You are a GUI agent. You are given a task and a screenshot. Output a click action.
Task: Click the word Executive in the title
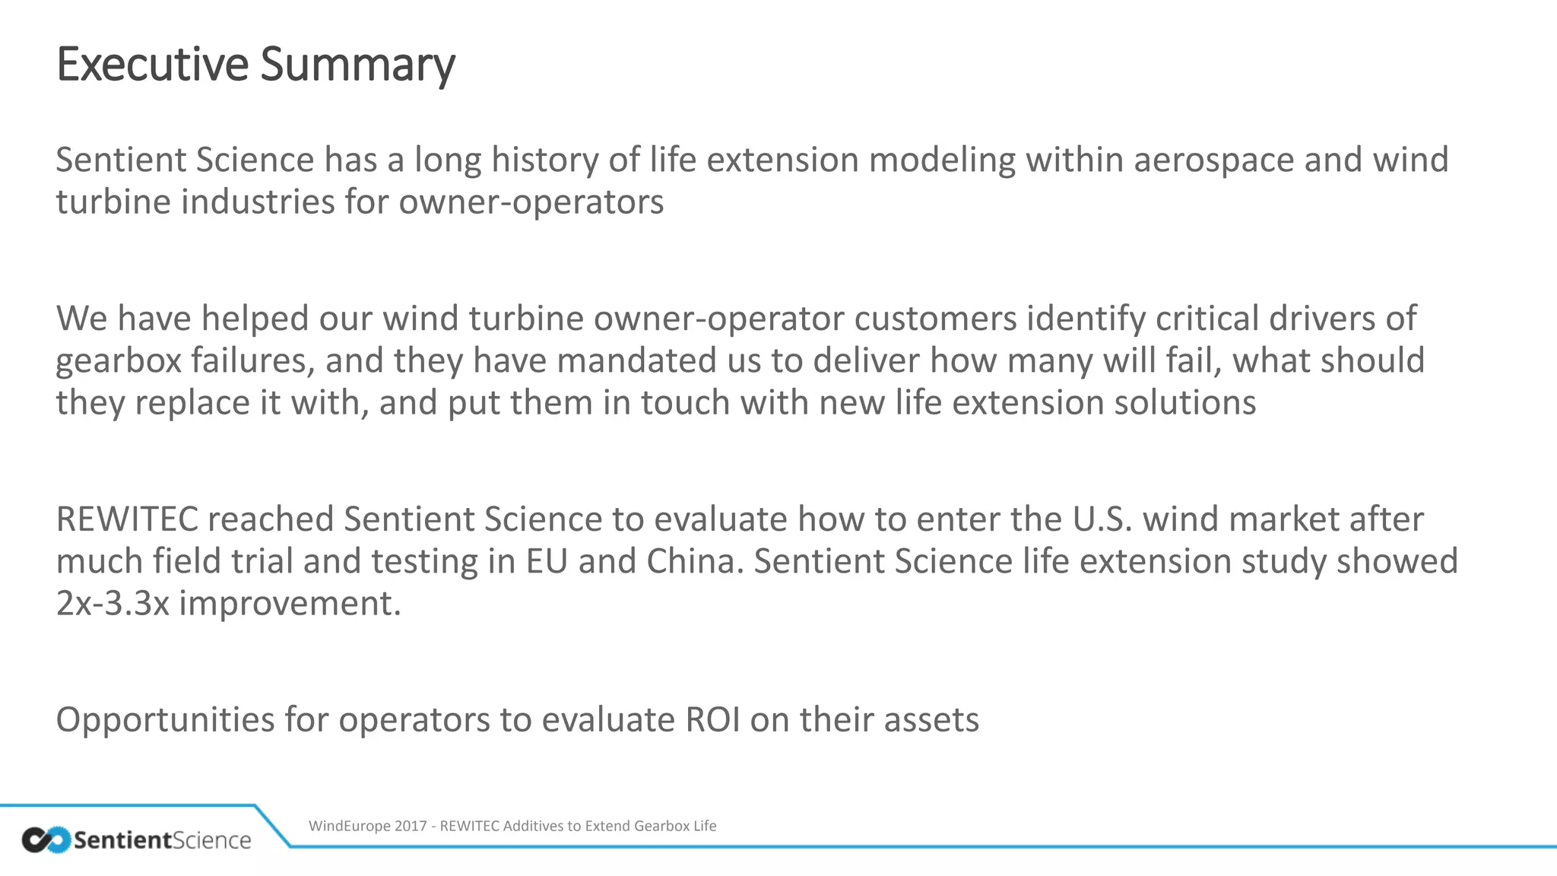(x=152, y=64)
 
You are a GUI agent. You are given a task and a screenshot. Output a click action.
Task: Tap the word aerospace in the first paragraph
(x=1213, y=160)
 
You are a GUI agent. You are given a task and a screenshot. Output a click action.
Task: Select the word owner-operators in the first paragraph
(x=531, y=202)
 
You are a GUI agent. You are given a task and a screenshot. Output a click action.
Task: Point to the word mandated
(x=637, y=360)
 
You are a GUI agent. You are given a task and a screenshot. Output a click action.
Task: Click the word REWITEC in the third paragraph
(x=126, y=519)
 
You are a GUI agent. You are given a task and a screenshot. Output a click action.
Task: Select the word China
(x=694, y=561)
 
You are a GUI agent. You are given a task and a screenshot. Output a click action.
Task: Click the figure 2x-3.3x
(x=113, y=604)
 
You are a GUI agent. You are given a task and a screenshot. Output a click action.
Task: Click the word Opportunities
(x=164, y=720)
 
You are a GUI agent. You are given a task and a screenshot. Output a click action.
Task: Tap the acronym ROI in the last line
(x=712, y=720)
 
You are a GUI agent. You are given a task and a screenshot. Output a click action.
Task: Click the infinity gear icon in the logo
(x=46, y=839)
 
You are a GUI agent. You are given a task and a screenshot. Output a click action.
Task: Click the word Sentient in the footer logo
(x=122, y=840)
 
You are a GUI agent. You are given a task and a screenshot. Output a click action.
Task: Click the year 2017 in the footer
(x=411, y=826)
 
